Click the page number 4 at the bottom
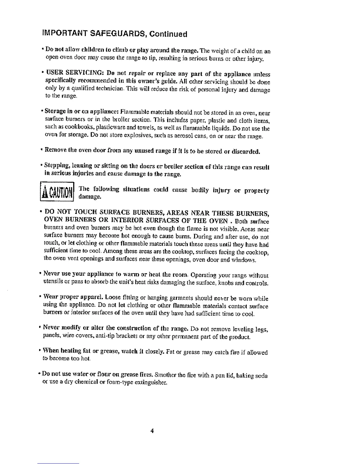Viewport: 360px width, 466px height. coord(152,431)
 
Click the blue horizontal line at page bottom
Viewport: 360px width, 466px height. coord(58,463)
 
